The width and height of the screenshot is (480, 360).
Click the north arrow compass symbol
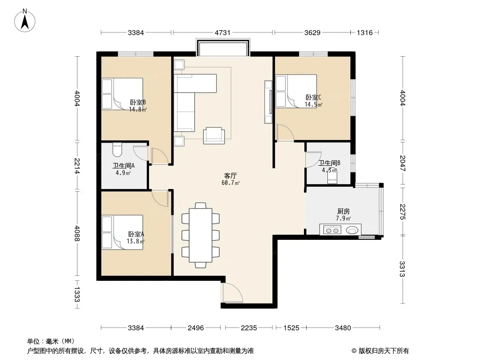[25, 21]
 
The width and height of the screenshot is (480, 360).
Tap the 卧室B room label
[137, 103]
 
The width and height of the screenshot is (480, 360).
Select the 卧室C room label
[313, 98]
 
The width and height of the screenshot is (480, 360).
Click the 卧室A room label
[136, 234]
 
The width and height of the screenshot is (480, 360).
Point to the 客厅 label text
[230, 176]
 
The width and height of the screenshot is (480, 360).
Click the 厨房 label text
[344, 211]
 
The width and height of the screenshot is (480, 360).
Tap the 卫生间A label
[123, 166]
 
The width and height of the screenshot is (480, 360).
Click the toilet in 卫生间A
[117, 149]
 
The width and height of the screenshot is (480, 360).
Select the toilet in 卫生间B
[332, 177]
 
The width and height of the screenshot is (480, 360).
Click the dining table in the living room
[200, 235]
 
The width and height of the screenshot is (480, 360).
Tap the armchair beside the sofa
[214, 135]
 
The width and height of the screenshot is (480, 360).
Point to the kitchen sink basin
[352, 229]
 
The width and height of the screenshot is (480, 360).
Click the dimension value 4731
[222, 32]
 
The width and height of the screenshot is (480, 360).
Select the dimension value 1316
[365, 32]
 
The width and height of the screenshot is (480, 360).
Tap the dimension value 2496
[195, 328]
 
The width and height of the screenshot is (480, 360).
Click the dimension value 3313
[402, 269]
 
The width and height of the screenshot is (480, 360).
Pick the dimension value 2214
[77, 166]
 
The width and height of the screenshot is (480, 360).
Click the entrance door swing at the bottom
[232, 293]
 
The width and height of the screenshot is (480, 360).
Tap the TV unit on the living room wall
[268, 102]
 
